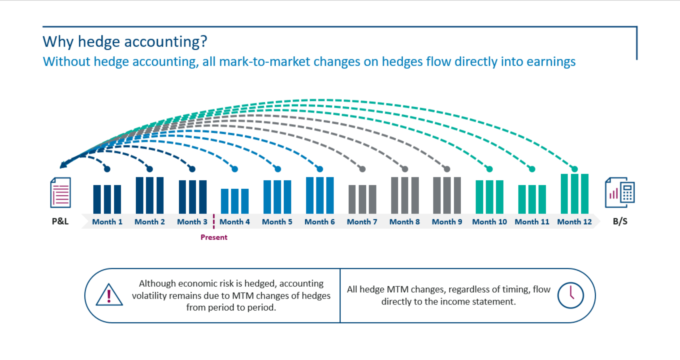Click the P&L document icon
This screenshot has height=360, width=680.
coord(60,193)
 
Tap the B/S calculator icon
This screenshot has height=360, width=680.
coord(620,193)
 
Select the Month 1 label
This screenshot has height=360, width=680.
coord(107,222)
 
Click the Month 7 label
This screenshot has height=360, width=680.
coord(362,222)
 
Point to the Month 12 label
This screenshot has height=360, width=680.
coord(575,222)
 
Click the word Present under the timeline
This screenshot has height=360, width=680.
coord(214,237)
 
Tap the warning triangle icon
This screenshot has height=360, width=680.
coord(109,295)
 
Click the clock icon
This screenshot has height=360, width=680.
coord(570,295)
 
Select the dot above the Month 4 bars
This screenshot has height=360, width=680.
coord(235,169)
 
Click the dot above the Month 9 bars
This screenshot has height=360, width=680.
coord(447,169)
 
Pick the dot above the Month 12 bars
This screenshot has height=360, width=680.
coord(575,169)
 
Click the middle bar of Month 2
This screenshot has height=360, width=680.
coord(150,195)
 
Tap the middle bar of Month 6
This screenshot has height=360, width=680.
coord(320,195)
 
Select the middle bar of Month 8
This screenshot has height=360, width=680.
coord(405,195)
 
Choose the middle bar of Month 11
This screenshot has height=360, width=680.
coord(532,199)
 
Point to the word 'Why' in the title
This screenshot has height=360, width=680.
coord(58,42)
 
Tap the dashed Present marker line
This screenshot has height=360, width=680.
coord(214,221)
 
